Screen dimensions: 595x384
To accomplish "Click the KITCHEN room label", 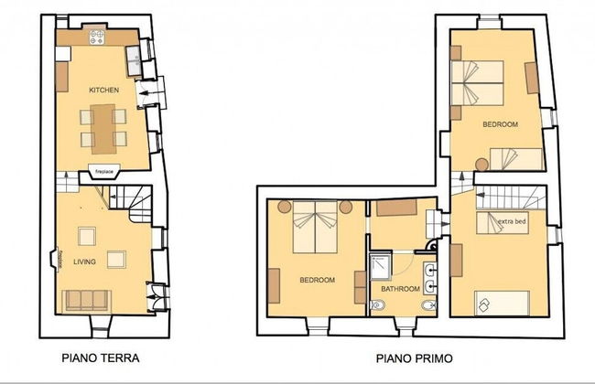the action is point(103,91).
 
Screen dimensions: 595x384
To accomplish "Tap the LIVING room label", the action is point(84,261).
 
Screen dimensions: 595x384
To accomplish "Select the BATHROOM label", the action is point(400,289).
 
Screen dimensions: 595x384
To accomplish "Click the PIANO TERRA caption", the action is point(101,357).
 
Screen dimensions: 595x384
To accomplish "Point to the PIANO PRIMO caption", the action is point(415,358).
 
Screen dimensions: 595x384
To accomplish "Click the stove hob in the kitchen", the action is point(97,37).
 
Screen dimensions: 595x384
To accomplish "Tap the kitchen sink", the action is point(134,60).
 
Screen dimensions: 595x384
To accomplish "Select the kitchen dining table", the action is point(103,129).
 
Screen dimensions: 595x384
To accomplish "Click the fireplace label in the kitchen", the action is point(104,172).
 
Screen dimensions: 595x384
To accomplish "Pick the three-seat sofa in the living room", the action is point(87,300).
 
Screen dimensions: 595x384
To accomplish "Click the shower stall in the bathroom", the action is point(381,267).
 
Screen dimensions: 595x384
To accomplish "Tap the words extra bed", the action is point(512,221).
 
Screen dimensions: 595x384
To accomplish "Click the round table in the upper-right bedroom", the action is point(481,165).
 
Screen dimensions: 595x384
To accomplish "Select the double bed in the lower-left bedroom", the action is point(315,227).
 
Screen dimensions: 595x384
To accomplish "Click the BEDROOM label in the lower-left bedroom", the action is point(318,280).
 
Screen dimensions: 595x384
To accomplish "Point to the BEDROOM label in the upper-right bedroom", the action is point(500,124).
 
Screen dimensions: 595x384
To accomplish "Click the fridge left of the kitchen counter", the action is point(63,54).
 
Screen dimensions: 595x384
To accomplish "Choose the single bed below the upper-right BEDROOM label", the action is point(516,159).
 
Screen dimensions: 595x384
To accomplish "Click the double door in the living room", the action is point(157,297).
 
